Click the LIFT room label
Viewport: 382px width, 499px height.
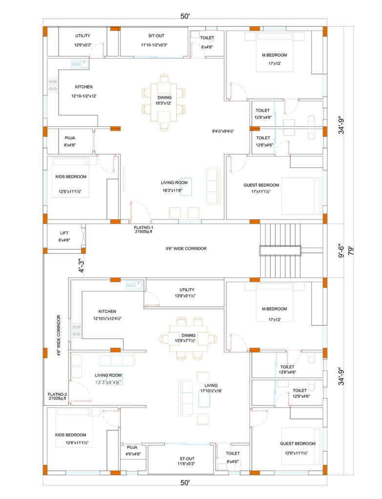(64, 233)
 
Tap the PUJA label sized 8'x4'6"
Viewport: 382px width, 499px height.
(70, 138)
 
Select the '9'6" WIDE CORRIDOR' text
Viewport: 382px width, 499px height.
(186, 249)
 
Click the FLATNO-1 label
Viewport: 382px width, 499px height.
(143, 228)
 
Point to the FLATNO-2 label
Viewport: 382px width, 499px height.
(58, 394)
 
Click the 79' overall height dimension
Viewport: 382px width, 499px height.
(351, 251)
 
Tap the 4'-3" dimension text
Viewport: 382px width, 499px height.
(81, 265)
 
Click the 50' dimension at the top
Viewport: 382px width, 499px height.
(185, 16)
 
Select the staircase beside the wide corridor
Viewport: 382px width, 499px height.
(280, 250)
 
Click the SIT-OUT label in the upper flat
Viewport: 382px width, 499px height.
(156, 36)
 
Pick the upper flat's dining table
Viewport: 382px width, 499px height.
(164, 102)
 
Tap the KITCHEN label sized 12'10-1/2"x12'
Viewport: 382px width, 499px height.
(84, 87)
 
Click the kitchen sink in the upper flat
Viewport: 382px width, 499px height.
(80, 64)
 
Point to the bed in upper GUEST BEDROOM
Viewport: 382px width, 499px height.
(301, 196)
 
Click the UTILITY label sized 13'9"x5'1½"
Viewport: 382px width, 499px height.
(187, 289)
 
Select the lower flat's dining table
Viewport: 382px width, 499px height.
(189, 338)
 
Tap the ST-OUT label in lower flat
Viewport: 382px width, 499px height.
(187, 459)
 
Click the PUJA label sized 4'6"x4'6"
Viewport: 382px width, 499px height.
(132, 447)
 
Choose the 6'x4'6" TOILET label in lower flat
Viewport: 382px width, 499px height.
(233, 453)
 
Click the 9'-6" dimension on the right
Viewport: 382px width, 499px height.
(341, 251)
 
